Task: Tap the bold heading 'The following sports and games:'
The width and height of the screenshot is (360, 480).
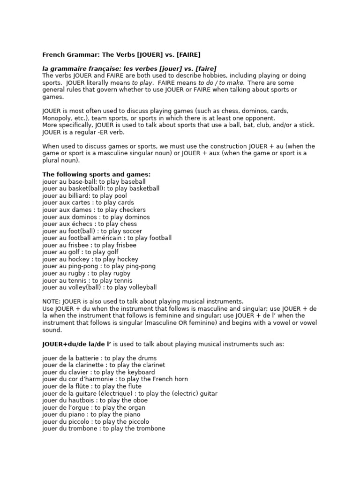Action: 97,174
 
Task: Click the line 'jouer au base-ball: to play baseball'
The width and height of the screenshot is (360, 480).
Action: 94,181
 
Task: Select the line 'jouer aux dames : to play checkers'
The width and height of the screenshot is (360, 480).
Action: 94,210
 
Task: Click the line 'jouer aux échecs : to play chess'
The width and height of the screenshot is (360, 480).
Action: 90,224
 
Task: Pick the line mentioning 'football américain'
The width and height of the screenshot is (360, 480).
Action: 107,238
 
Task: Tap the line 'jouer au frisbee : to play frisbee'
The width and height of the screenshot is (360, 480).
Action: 89,245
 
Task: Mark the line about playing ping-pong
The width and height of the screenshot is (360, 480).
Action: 99,266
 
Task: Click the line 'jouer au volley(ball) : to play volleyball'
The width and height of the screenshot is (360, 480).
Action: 99,287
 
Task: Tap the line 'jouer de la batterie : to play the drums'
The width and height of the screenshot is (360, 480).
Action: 99,358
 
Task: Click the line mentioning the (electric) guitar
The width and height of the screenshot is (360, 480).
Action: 130,394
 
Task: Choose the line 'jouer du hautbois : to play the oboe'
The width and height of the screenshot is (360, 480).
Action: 95,401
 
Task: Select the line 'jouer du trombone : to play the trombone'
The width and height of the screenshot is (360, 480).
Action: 104,428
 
